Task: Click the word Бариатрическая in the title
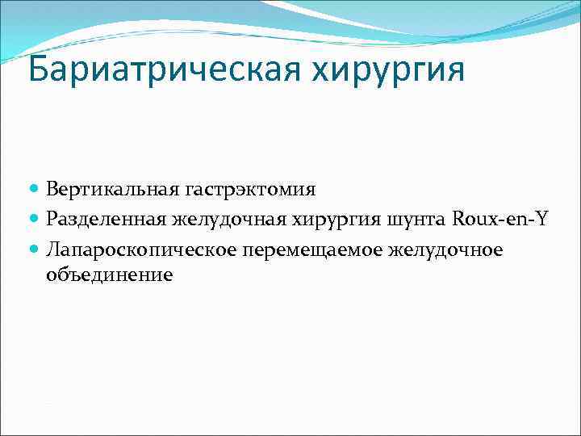point(161,70)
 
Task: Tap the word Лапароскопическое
point(142,250)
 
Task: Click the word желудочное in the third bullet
point(445,250)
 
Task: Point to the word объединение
point(109,275)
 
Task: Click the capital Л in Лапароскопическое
point(53,250)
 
